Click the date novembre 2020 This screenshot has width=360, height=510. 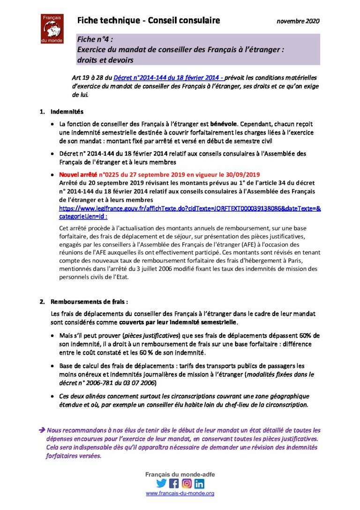[298, 21]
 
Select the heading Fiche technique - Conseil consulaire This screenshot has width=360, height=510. [149, 21]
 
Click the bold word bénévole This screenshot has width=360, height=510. [224, 124]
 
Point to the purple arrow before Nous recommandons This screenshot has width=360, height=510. [42, 430]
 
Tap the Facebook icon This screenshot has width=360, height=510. [174, 483]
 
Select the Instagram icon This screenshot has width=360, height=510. [187, 483]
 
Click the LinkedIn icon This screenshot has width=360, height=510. [199, 483]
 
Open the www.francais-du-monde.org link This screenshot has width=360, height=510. [180, 494]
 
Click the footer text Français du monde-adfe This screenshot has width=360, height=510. [180, 474]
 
